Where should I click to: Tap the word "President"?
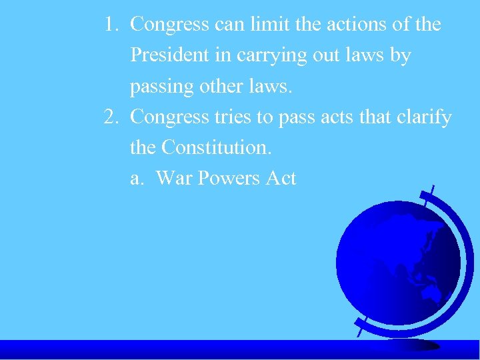(x=170, y=55)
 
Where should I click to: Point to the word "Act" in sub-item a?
(x=281, y=178)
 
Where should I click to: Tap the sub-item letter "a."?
(x=138, y=178)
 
